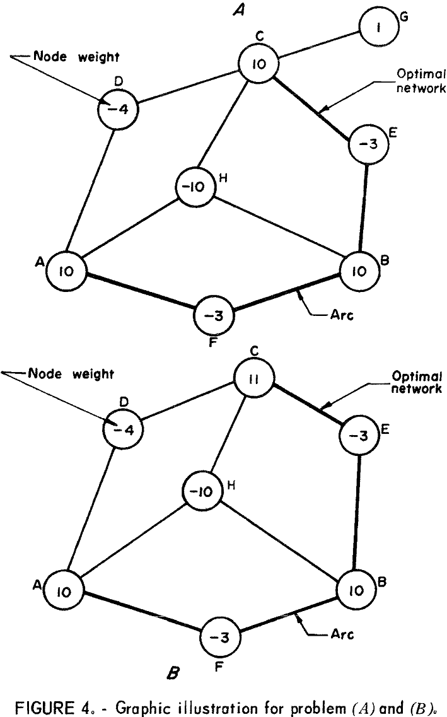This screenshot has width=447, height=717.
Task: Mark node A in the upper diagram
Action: click(66, 271)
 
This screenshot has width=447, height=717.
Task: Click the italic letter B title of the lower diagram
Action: click(171, 676)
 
